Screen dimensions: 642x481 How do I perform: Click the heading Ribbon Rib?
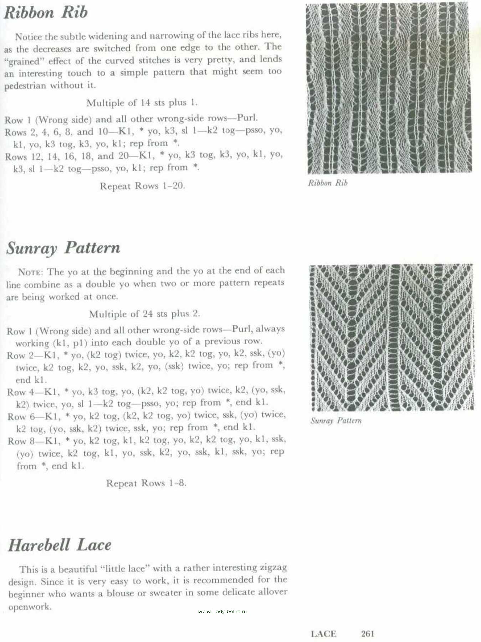pos(46,12)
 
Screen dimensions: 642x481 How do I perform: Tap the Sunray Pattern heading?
pos(63,248)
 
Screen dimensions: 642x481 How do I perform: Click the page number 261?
pos(368,633)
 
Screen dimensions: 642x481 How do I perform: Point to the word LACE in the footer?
pos(323,634)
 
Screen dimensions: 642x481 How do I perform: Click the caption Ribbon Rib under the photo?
pos(328,183)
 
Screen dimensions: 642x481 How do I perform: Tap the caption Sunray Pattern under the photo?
pos(336,421)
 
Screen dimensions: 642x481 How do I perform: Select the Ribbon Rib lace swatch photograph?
pos(389,88)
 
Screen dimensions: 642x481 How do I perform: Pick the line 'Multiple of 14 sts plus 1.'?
pos(142,103)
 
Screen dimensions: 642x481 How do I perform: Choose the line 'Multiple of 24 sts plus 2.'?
pos(144,314)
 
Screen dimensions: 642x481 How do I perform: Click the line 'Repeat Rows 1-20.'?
pos(142,186)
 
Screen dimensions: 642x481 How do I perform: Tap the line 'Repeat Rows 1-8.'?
pos(146,483)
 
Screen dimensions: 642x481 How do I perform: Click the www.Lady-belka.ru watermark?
pos(222,611)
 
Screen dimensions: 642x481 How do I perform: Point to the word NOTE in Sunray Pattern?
pos(30,272)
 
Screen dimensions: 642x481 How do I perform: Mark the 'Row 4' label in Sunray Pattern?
pos(21,392)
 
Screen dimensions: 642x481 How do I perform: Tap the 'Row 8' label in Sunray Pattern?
pos(21,442)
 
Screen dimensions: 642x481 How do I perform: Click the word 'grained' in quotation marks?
pos(23,61)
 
